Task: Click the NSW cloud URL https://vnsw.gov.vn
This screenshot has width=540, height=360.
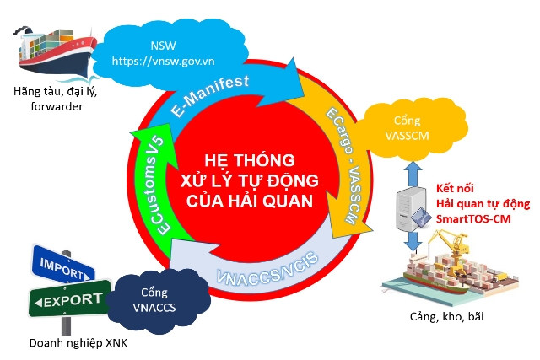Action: pyautogui.click(x=163, y=62)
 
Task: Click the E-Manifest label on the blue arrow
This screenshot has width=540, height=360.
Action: pyautogui.click(x=210, y=95)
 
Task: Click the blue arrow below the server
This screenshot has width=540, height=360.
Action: pyautogui.click(x=413, y=241)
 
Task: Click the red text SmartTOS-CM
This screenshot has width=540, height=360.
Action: pyautogui.click(x=473, y=219)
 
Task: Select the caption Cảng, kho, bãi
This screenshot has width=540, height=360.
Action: pyautogui.click(x=446, y=317)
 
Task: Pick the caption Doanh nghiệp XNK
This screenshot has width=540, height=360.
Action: pyautogui.click(x=78, y=343)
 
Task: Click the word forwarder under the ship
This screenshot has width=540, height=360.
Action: pyautogui.click(x=57, y=107)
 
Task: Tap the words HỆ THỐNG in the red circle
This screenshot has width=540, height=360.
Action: pyautogui.click(x=250, y=159)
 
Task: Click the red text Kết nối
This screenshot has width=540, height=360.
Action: pyautogui.click(x=455, y=188)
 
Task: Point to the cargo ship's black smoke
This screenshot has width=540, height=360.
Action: pyautogui.click(x=21, y=30)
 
